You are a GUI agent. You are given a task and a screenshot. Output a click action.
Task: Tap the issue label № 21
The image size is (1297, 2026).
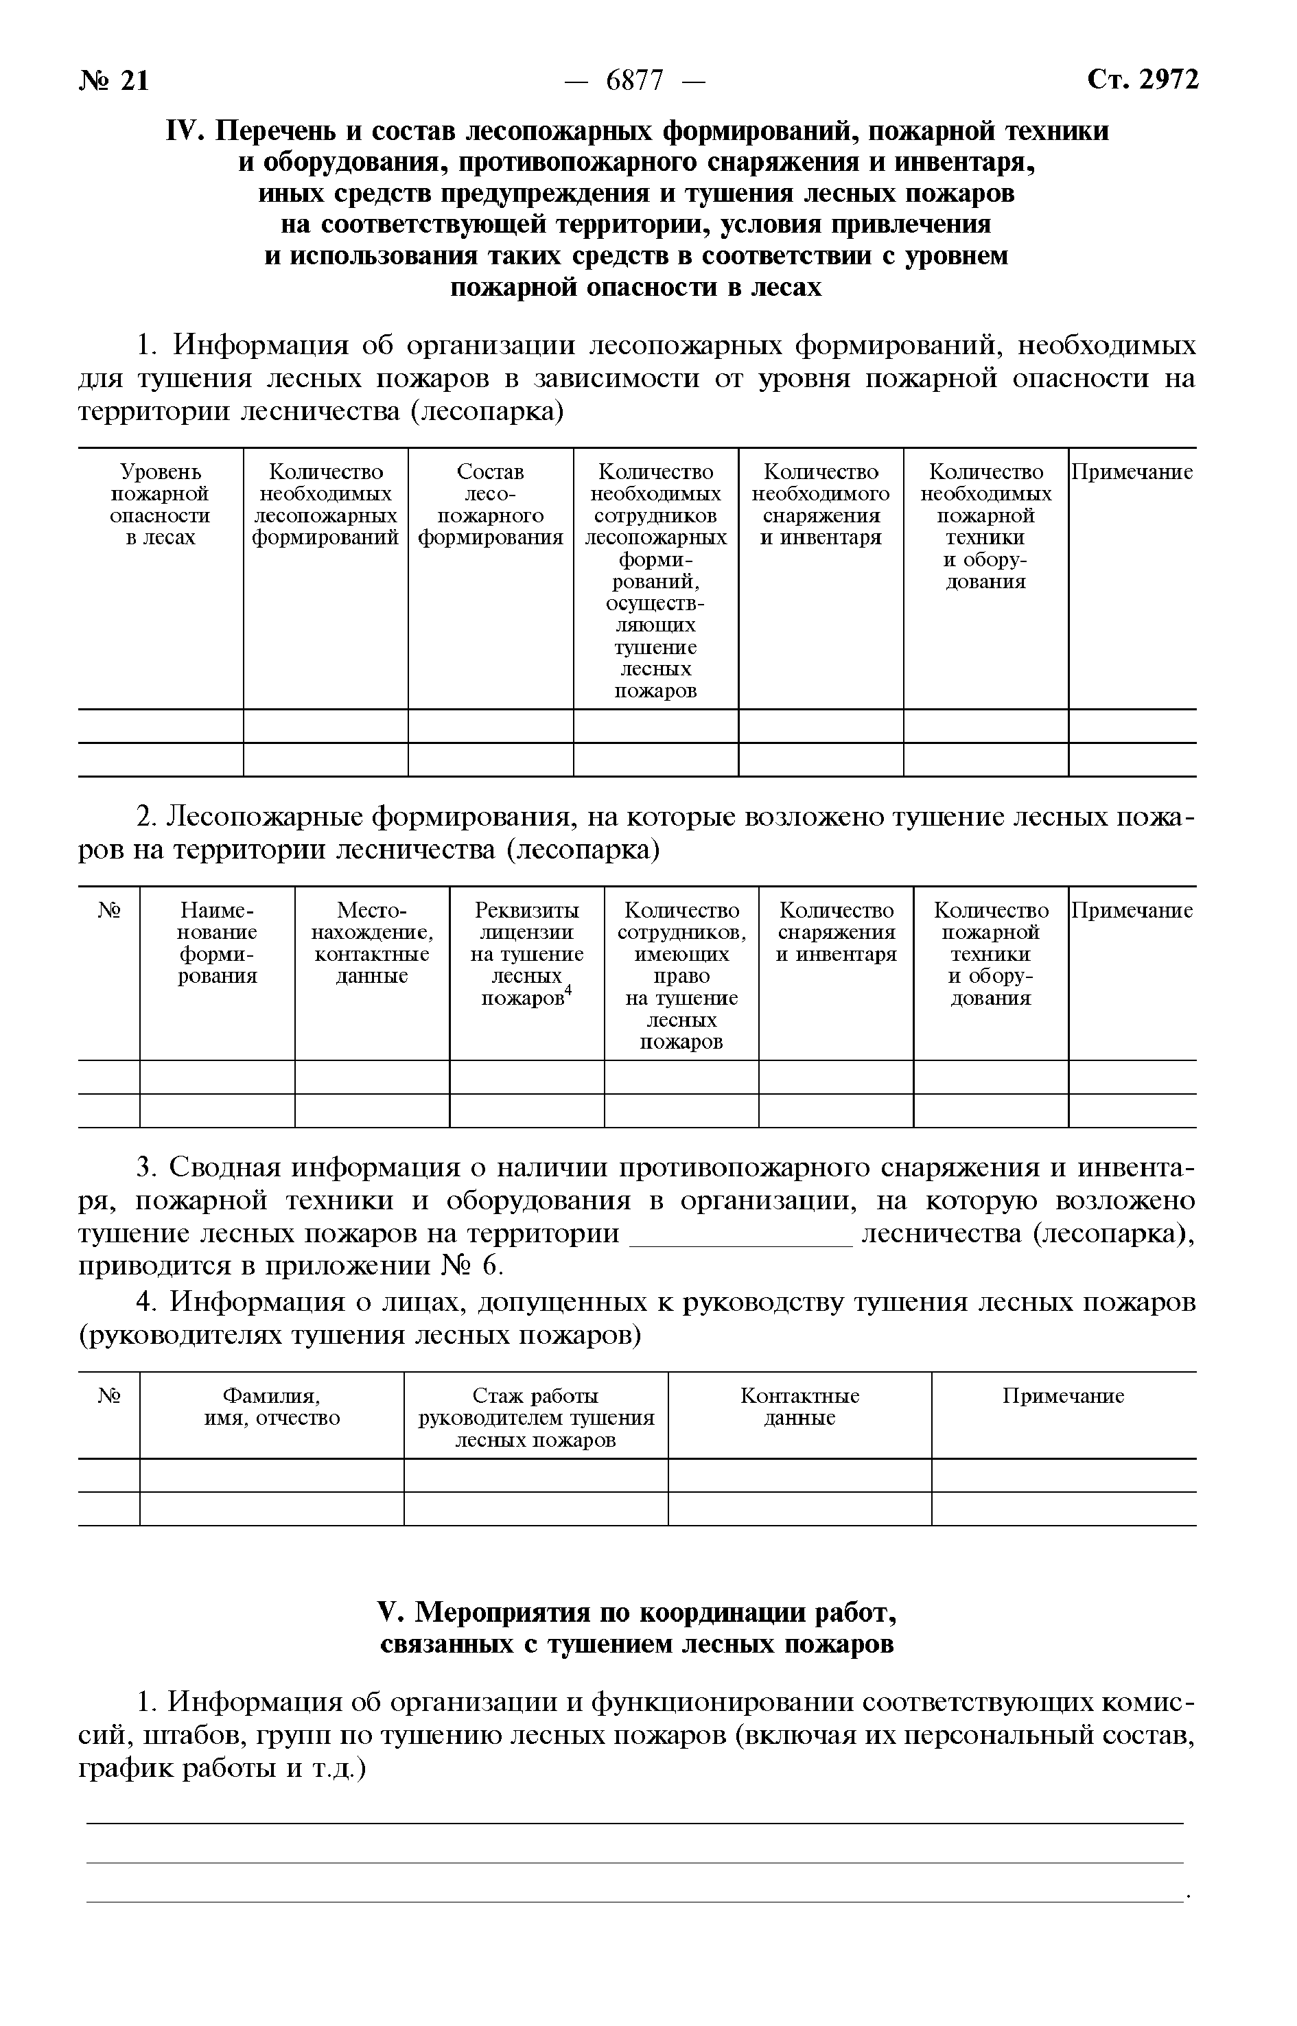pyautogui.click(x=115, y=81)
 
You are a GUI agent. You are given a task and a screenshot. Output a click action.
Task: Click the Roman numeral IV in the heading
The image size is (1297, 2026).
pyautogui.click(x=185, y=131)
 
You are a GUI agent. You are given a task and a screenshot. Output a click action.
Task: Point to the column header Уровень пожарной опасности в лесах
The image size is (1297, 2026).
pyautogui.click(x=160, y=504)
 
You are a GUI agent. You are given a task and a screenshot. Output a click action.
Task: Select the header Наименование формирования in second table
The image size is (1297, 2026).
pyautogui.click(x=218, y=943)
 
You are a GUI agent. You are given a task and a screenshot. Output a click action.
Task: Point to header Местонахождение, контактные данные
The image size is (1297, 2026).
pyautogui.click(x=371, y=943)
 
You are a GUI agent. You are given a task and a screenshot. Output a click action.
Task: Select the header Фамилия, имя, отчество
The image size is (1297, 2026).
pyautogui.click(x=271, y=1407)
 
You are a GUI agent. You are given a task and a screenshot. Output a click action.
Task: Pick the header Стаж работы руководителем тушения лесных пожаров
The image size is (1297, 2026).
pyautogui.click(x=536, y=1418)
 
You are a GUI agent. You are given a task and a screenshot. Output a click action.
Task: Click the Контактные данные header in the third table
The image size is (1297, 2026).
pyautogui.click(x=799, y=1407)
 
